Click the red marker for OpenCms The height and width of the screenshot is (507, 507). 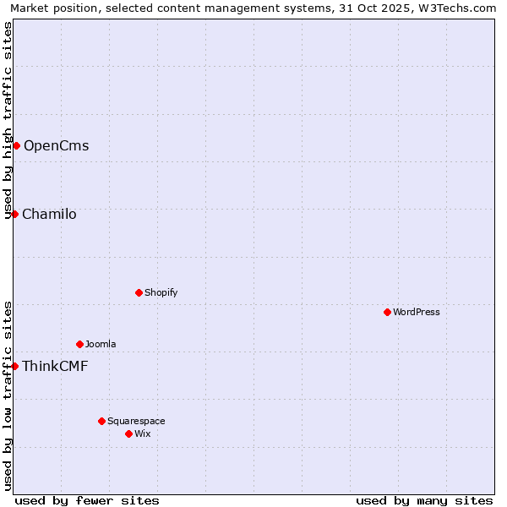(x=16, y=145)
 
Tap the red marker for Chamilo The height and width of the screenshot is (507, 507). (x=14, y=214)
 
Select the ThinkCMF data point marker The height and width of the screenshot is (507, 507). (x=14, y=366)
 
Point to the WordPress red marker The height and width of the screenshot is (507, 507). (x=387, y=312)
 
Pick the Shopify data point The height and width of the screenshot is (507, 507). (x=139, y=292)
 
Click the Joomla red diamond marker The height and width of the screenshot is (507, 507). (x=79, y=344)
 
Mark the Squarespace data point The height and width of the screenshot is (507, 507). (x=101, y=421)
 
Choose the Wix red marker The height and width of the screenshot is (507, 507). (x=128, y=433)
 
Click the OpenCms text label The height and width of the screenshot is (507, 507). (x=56, y=145)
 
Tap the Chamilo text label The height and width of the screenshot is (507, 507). (x=49, y=214)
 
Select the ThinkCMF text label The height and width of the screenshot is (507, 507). (x=55, y=366)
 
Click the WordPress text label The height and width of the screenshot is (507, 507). (x=417, y=312)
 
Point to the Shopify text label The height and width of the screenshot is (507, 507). (x=161, y=292)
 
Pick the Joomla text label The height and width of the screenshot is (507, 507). (x=101, y=344)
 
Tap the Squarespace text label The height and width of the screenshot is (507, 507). (x=136, y=421)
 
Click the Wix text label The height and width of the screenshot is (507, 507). (x=143, y=433)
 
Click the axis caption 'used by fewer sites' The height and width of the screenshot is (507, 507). (x=87, y=500)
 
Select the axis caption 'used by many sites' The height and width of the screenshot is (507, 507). (x=424, y=500)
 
